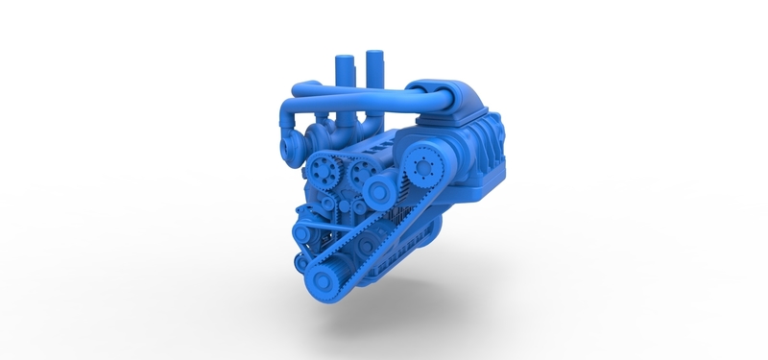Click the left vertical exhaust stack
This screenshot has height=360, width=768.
click(342, 73)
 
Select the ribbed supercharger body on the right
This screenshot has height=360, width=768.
click(470, 154)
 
